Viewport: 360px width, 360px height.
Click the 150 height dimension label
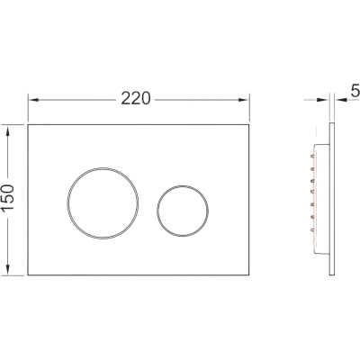8,198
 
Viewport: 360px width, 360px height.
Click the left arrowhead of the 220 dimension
33,100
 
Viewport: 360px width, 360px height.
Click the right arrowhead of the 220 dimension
244,100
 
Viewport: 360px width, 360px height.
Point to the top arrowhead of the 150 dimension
8,130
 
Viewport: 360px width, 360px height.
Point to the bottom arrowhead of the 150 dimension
8,269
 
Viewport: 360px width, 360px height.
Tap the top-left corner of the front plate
28,124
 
